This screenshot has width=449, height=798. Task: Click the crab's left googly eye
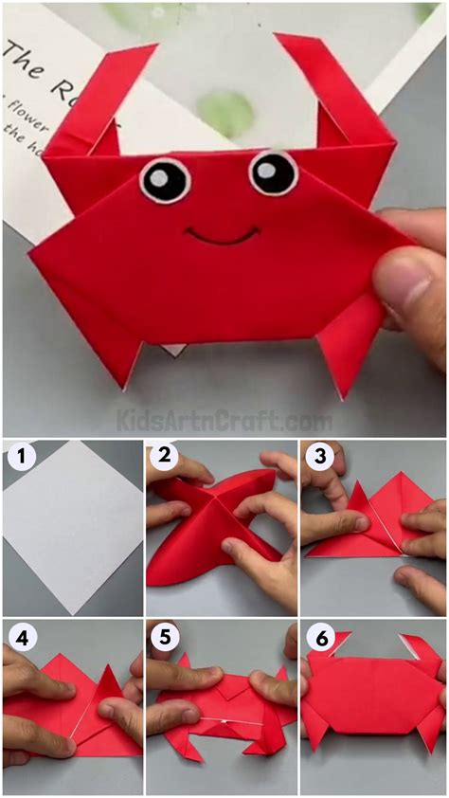[x=165, y=180]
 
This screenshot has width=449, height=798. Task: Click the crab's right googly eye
[x=273, y=172]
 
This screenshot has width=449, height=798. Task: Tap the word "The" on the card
[x=28, y=59]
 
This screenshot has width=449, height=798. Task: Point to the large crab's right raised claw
[x=336, y=90]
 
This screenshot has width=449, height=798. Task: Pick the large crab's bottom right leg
[x=346, y=346]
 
